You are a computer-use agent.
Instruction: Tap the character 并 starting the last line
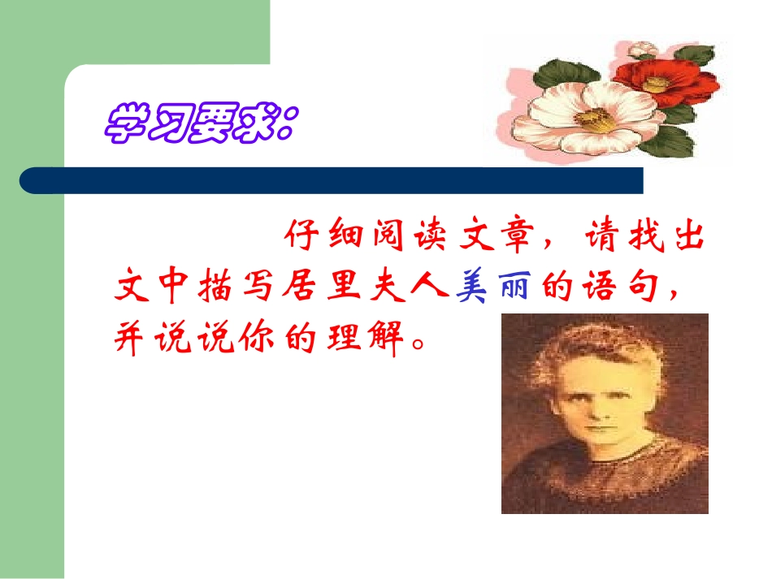coord(130,340)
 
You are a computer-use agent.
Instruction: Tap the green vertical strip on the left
coord(33,325)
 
